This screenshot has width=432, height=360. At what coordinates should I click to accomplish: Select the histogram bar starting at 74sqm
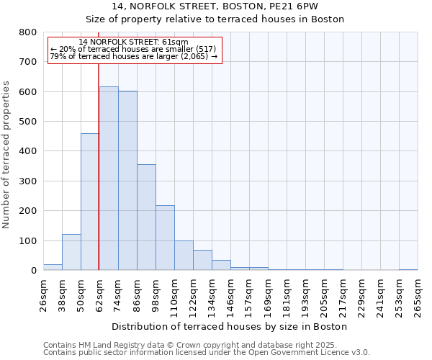127,181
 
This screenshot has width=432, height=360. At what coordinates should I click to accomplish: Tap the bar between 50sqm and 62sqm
90,202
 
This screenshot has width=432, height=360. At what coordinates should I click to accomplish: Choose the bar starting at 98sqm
165,238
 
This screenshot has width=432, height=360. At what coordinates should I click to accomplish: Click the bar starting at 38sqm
71,252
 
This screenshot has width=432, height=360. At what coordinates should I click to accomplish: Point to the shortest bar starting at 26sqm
53,267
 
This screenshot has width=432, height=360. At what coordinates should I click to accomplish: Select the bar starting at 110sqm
184,256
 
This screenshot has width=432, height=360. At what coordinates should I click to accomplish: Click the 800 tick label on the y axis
28,32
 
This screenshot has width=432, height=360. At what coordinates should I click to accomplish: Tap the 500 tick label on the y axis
28,122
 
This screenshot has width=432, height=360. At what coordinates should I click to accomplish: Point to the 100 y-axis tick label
28,240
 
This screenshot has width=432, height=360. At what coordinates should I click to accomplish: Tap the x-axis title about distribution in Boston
230,326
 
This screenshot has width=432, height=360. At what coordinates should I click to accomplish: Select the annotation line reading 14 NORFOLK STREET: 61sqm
133,42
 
